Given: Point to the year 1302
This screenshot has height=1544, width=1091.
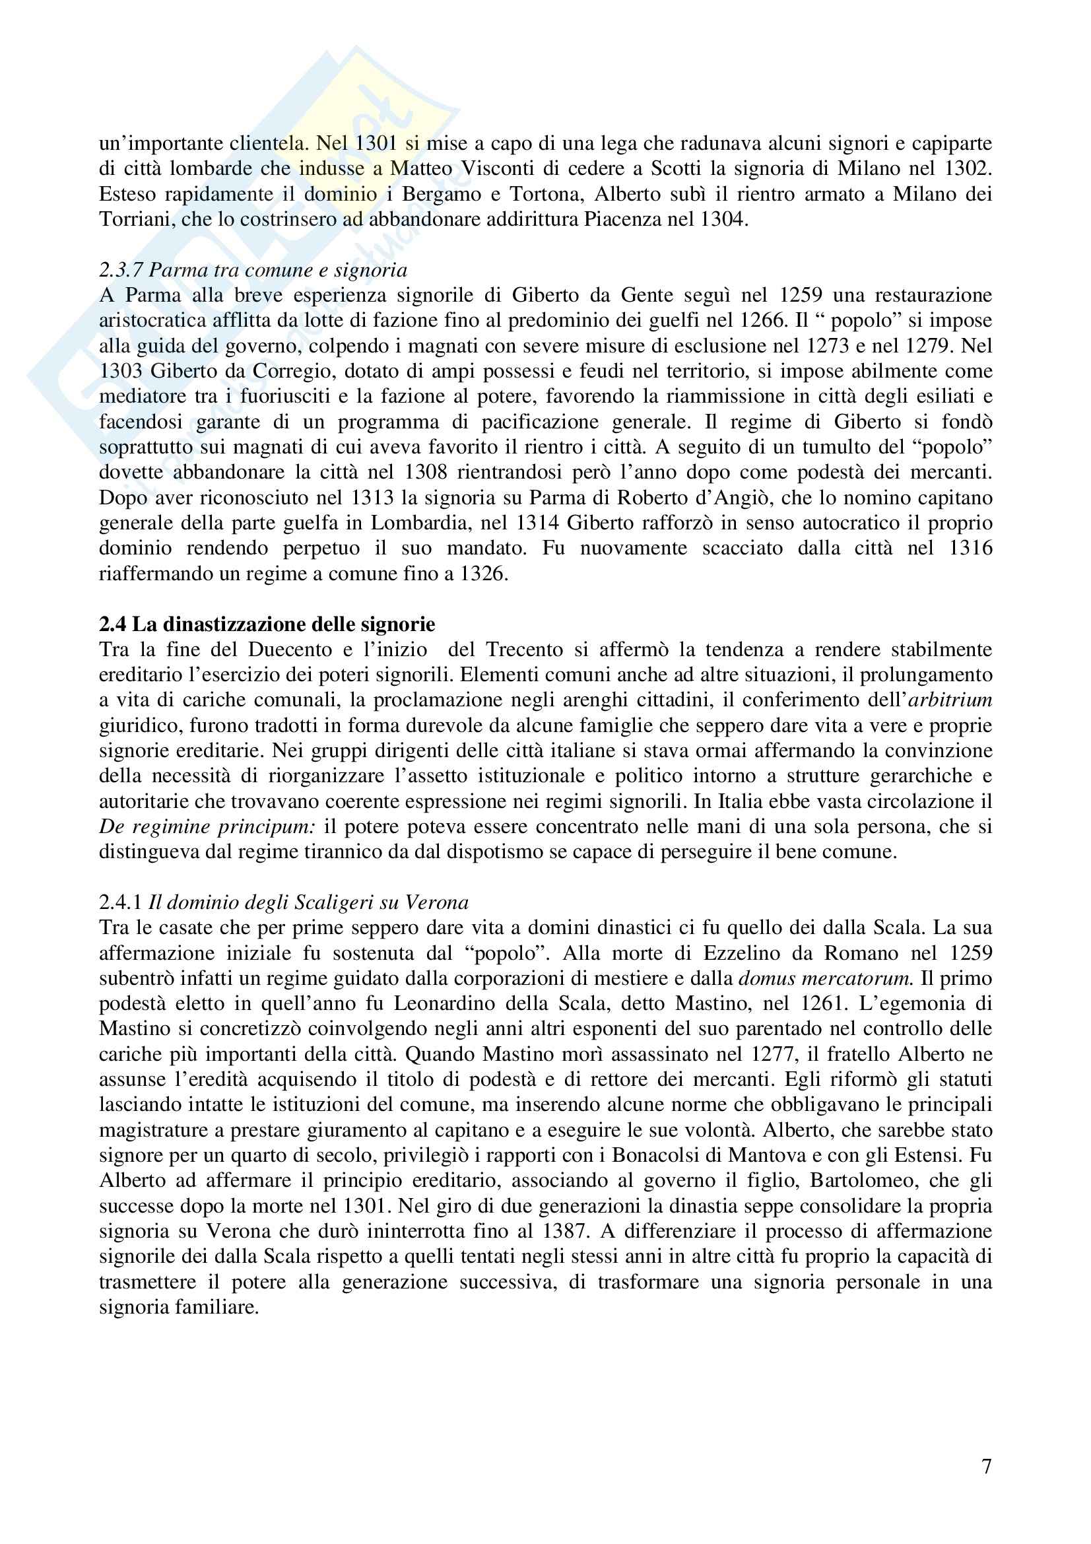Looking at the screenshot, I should (968, 169).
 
